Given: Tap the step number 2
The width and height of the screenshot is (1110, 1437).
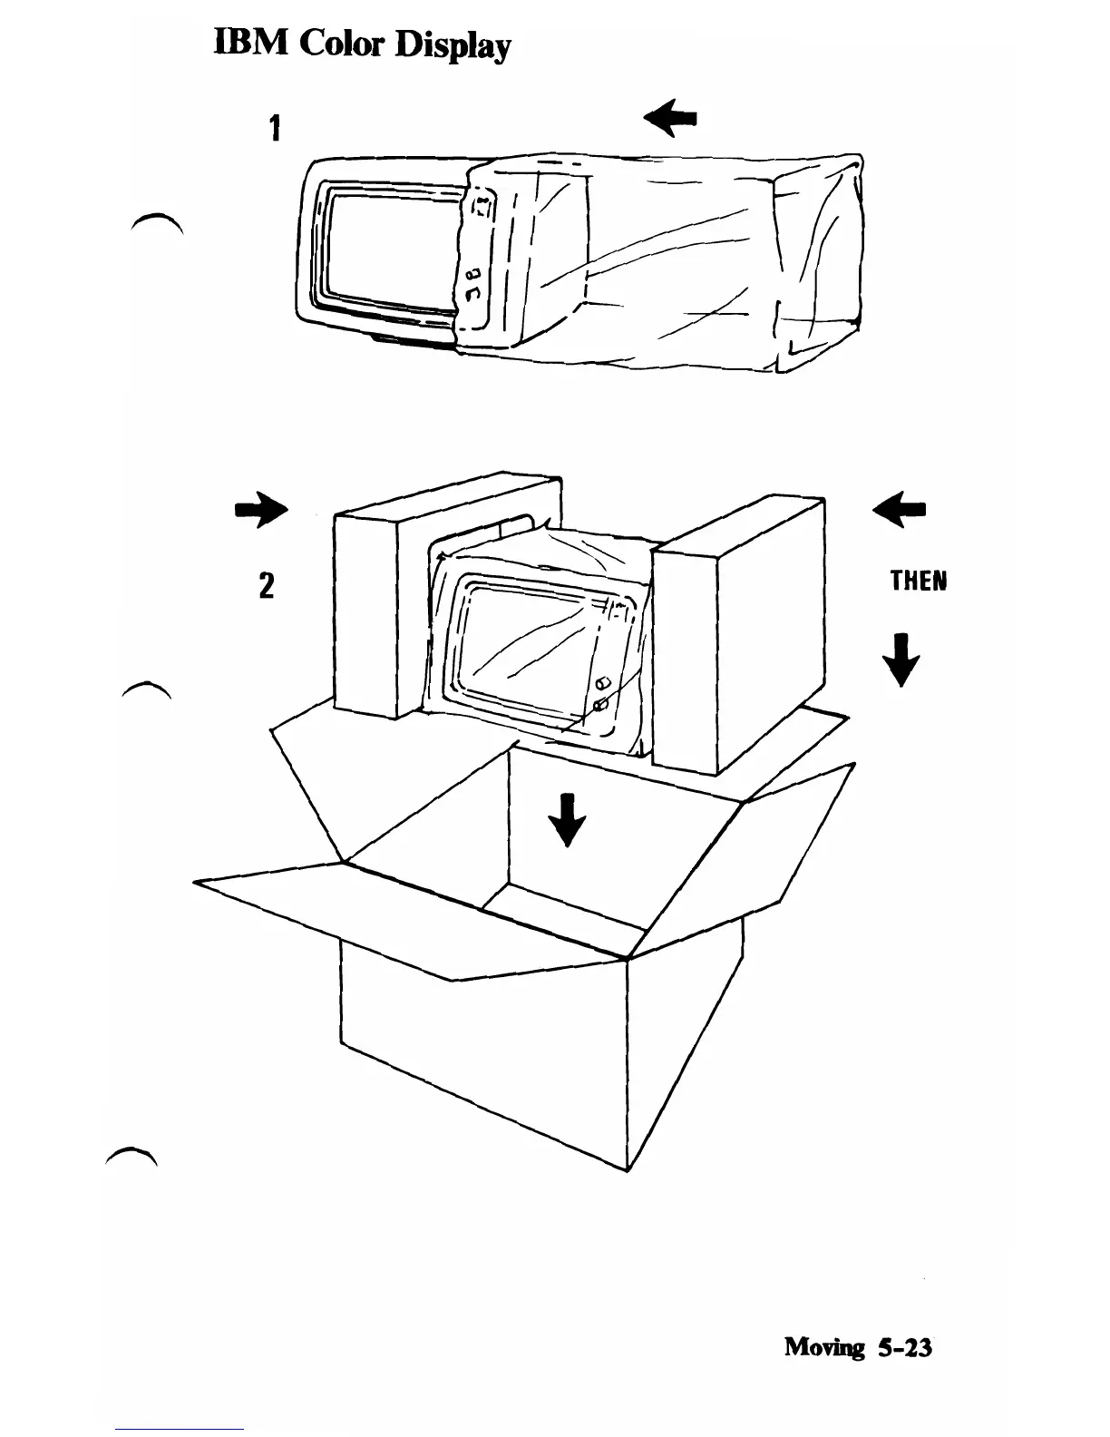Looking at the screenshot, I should [x=267, y=584].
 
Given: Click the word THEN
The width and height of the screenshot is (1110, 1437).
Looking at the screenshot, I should [x=918, y=581].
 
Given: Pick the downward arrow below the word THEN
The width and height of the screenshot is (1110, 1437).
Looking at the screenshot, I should [x=901, y=660].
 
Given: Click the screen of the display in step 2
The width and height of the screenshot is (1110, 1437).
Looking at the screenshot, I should [x=526, y=649].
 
